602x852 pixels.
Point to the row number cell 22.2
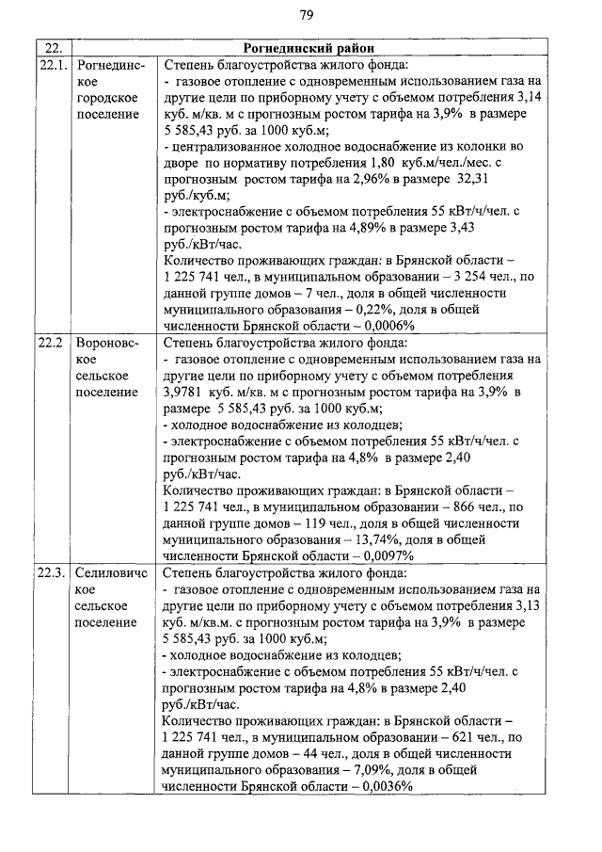pyautogui.click(x=50, y=342)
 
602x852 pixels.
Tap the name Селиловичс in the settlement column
pyautogui.click(x=109, y=572)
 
